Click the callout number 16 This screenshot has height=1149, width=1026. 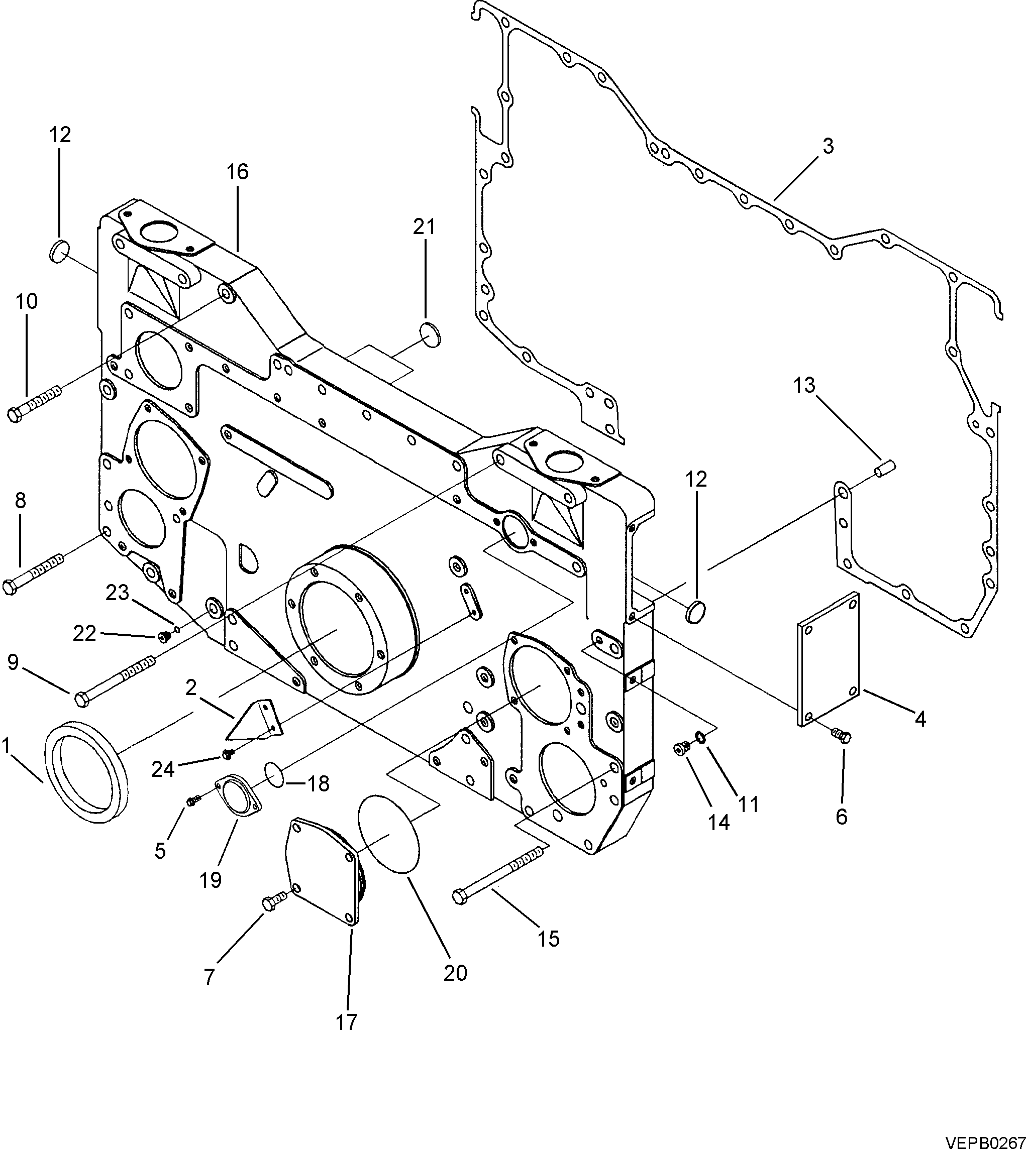click(238, 172)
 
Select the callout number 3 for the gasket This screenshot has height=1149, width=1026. click(828, 146)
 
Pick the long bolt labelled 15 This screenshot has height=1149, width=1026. click(499, 871)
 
